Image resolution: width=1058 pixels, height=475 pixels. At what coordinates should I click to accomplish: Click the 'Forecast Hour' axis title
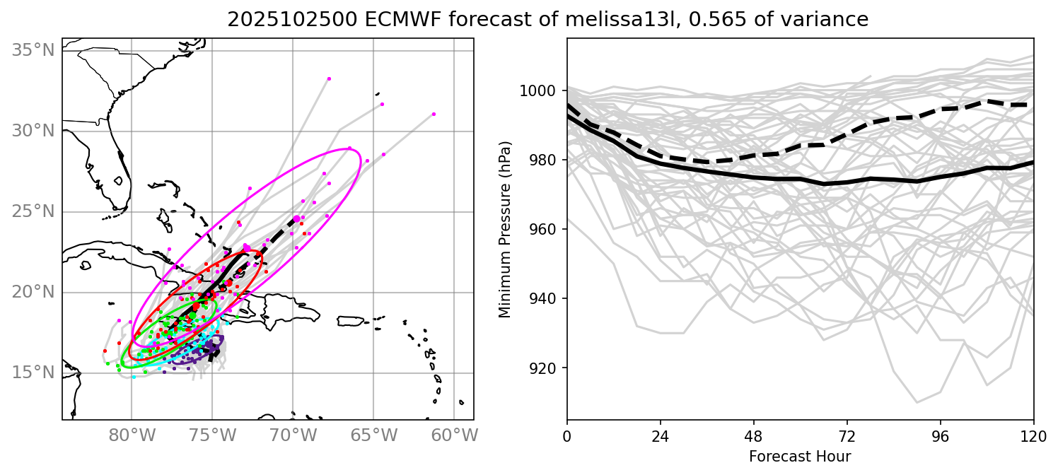[800, 457]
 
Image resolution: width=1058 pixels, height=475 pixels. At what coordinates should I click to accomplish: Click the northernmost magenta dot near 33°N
[329, 78]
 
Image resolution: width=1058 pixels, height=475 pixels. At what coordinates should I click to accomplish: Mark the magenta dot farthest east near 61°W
[434, 114]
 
